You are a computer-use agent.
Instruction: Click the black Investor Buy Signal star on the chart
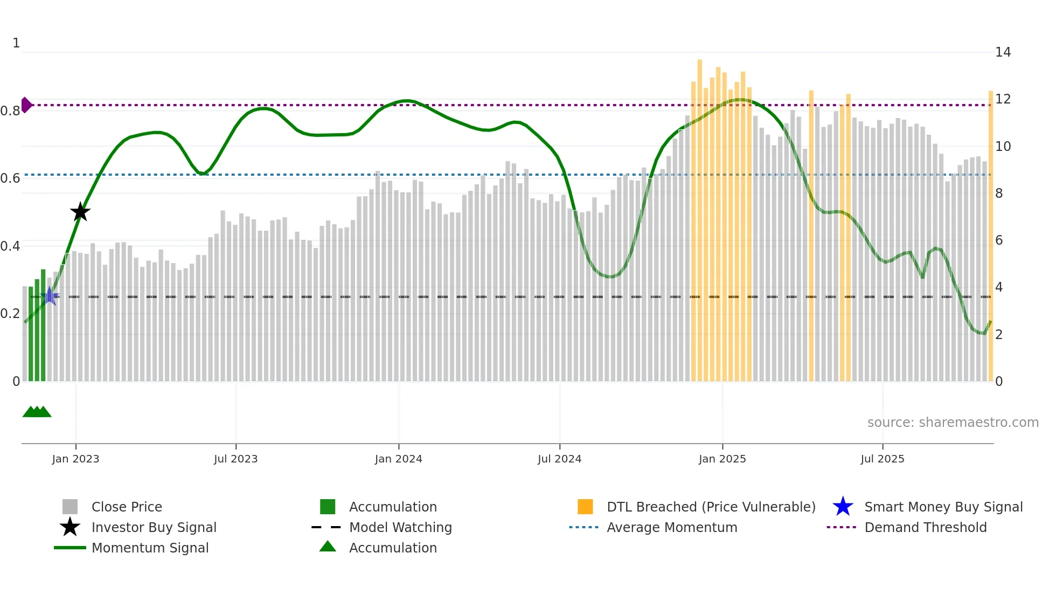[80, 212]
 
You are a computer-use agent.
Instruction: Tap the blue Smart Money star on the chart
[50, 296]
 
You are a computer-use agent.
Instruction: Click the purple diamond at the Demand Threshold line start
[26, 105]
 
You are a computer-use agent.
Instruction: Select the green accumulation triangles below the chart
[37, 412]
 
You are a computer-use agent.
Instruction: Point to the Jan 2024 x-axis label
[398, 459]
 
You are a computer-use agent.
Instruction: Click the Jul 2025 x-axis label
[882, 459]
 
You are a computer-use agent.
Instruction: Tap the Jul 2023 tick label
[235, 459]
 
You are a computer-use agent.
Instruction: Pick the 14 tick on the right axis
[1003, 52]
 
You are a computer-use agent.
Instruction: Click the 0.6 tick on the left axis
[10, 178]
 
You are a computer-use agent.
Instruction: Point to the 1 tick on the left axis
[16, 43]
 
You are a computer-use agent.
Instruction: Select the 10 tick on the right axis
[1003, 146]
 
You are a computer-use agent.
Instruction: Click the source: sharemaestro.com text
[953, 422]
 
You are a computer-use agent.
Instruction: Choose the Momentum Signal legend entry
[150, 548]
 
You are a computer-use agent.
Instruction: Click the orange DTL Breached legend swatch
[585, 507]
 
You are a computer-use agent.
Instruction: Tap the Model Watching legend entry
[400, 527]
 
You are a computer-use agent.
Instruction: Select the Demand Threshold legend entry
[925, 527]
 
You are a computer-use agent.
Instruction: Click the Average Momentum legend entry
[671, 527]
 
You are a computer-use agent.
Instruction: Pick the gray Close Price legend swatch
[70, 507]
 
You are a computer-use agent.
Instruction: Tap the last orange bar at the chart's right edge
[990, 237]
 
